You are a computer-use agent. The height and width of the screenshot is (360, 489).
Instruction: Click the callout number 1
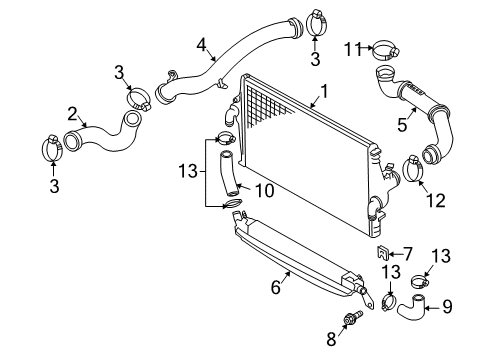click(x=324, y=91)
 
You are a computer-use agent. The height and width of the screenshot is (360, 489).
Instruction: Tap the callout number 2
click(x=72, y=114)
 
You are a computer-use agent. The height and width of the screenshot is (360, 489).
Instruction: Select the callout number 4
click(x=201, y=45)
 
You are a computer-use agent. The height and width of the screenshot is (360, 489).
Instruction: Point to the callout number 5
click(x=402, y=125)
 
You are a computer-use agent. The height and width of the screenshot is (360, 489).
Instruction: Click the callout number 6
click(x=276, y=287)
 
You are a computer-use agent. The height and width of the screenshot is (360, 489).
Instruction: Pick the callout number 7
click(x=408, y=254)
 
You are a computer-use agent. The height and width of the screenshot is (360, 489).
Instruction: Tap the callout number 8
click(x=331, y=339)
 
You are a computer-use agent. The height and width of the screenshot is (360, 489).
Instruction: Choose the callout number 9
click(x=447, y=306)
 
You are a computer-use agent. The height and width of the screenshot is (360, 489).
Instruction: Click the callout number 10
click(x=264, y=191)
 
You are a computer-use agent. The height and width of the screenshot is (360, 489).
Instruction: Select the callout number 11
click(x=353, y=49)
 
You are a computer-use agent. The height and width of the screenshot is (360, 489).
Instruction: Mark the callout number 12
click(x=436, y=201)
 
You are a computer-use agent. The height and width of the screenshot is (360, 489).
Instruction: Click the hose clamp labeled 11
click(x=386, y=50)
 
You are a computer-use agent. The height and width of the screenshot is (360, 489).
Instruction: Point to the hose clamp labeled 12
click(x=413, y=168)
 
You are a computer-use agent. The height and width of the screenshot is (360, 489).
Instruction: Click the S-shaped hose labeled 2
click(x=102, y=135)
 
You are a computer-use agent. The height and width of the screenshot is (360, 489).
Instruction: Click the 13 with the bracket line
click(x=188, y=171)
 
